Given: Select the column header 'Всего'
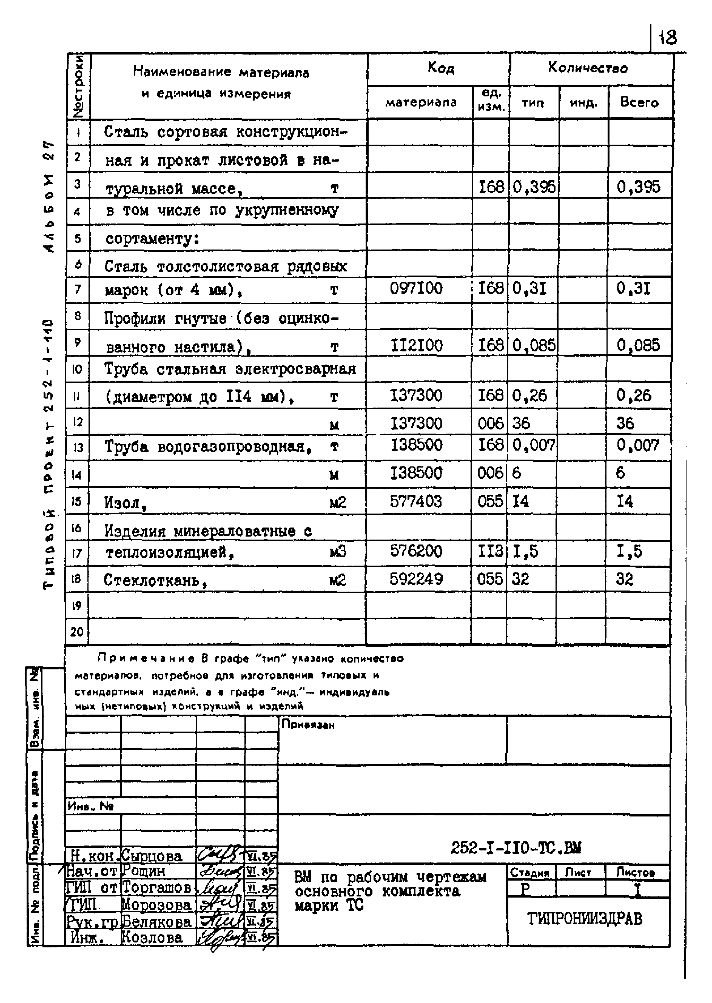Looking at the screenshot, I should [639, 102].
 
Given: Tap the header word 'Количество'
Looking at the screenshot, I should [588, 68].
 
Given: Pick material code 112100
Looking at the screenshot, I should [417, 346].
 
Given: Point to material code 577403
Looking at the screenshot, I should [416, 501].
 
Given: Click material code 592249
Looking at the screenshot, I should [416, 579].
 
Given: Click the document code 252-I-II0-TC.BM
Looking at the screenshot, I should [516, 848].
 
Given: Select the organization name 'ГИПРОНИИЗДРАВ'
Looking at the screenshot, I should [584, 918].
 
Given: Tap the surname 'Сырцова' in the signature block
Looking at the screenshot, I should [151, 856].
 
